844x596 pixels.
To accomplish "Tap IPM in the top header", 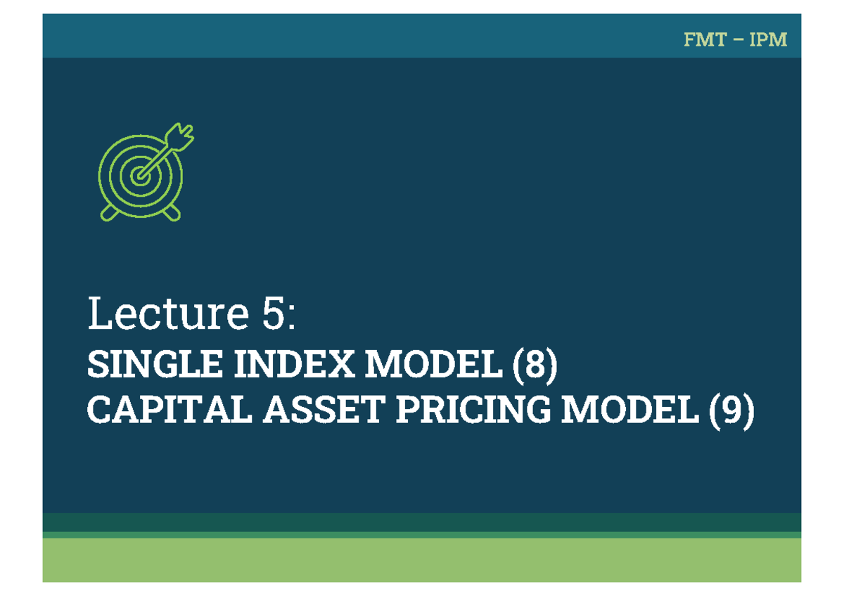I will coord(768,40).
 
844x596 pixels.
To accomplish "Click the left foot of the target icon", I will coord(108,212).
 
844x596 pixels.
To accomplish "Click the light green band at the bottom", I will coord(422,560).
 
